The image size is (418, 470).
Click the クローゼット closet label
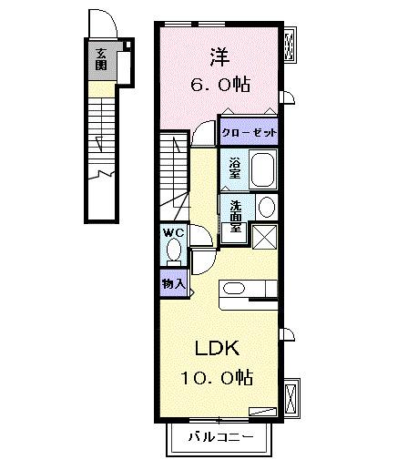[249, 131]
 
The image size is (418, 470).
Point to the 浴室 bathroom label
[234, 168]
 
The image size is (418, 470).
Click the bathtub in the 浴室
[263, 169]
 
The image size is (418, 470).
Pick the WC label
[173, 233]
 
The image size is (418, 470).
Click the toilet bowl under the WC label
[175, 252]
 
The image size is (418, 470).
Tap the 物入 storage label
[173, 283]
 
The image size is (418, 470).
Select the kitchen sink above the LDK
[233, 290]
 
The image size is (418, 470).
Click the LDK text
[216, 346]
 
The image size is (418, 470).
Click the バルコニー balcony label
[218, 437]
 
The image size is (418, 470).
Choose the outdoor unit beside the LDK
[291, 397]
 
